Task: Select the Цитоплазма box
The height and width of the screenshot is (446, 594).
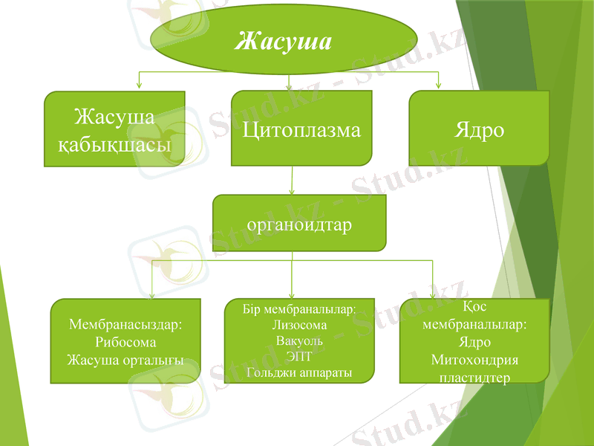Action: (x=301, y=130)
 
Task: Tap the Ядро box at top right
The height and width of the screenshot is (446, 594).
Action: (x=479, y=130)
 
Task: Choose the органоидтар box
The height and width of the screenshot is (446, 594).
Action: (x=299, y=224)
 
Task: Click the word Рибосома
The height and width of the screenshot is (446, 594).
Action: (x=125, y=343)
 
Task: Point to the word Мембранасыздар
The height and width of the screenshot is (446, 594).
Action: (x=125, y=325)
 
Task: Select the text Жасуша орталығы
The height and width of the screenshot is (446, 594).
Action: (x=125, y=360)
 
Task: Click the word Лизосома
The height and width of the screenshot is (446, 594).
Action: (x=299, y=324)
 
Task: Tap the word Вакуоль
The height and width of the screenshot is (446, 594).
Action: (x=299, y=340)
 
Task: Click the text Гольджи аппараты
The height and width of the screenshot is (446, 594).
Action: (x=299, y=372)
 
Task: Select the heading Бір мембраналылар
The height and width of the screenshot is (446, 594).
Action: (x=299, y=308)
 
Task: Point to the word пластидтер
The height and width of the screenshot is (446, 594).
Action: (x=474, y=378)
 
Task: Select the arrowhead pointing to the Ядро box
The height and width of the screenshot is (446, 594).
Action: (x=438, y=84)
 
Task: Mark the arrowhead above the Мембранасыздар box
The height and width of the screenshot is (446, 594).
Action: (x=152, y=293)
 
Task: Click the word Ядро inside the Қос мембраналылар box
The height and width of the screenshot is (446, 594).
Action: (x=474, y=343)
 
